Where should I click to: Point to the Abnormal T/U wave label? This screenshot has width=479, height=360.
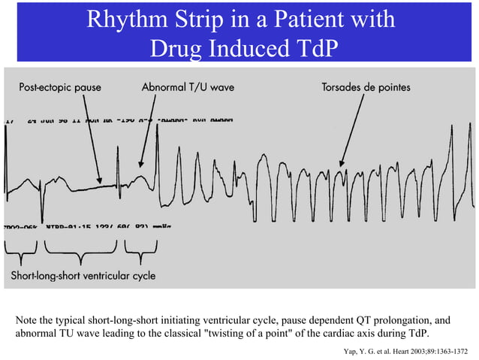[188, 88]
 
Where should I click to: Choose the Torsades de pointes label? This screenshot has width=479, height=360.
[366, 88]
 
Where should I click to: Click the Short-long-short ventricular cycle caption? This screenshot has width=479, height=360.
[83, 276]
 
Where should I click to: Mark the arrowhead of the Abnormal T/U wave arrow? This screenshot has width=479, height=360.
[140, 165]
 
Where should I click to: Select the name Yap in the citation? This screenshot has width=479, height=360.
[348, 350]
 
